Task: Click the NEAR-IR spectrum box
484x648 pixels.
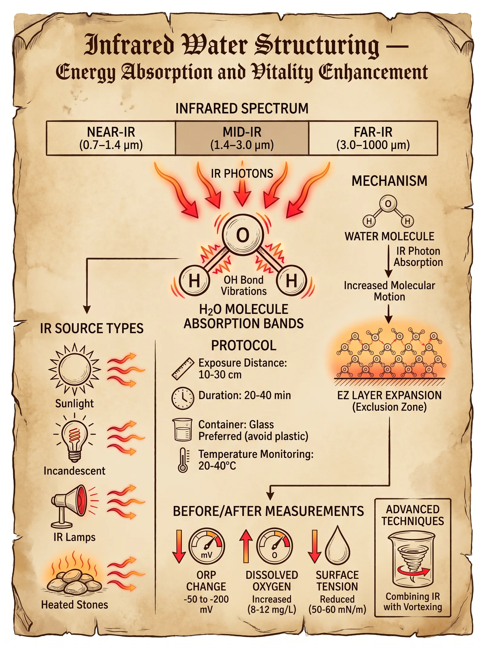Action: tap(111, 138)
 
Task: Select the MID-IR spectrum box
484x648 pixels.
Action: tap(242, 138)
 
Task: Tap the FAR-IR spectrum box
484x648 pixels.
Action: tap(373, 138)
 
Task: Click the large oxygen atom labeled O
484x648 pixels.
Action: tap(243, 235)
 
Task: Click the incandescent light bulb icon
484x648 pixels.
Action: tap(74, 438)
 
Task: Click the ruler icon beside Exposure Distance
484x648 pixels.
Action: tap(183, 369)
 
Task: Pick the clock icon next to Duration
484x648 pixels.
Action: tap(183, 398)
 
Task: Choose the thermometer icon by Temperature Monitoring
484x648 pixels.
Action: tap(183, 460)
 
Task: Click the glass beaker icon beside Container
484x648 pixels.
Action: tap(182, 429)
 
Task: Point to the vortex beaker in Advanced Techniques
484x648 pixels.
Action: tap(412, 560)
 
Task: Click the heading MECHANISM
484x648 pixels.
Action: tap(389, 181)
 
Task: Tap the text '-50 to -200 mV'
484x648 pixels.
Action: tap(206, 604)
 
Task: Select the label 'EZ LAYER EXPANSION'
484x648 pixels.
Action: tap(389, 395)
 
